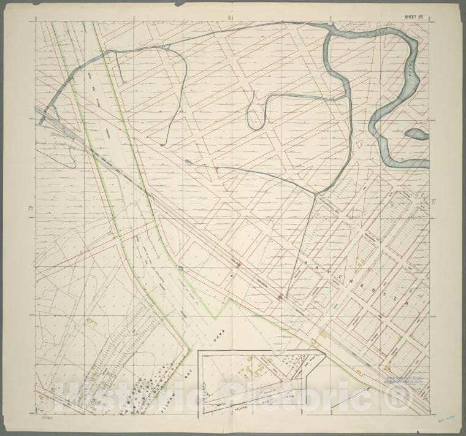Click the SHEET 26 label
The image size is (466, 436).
point(415,17)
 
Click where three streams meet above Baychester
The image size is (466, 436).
point(316,194)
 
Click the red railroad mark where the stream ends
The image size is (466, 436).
point(280,297)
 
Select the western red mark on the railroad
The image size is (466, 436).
point(238,265)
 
